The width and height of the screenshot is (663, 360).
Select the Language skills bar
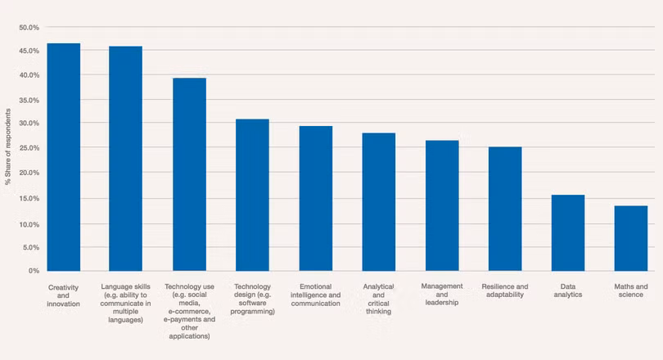pyautogui.click(x=126, y=159)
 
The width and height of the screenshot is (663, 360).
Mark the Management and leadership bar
pyautogui.click(x=442, y=205)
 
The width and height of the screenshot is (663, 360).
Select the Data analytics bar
pyautogui.click(x=568, y=232)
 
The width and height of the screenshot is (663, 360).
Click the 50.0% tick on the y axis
pyautogui.click(x=29, y=28)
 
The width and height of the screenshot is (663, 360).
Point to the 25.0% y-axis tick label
pyautogui.click(x=29, y=149)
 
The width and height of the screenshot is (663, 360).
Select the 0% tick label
pyautogui.click(x=34, y=271)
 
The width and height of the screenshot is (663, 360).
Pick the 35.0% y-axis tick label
pyautogui.click(x=29, y=101)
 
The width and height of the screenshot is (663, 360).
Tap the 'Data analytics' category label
pyautogui.click(x=567, y=290)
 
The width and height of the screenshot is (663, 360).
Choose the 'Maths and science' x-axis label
pyautogui.click(x=631, y=290)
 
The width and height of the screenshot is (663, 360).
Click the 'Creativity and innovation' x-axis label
pyautogui.click(x=63, y=295)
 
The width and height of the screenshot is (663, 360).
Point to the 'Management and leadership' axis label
pyautogui.click(x=442, y=294)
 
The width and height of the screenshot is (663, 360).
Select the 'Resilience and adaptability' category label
pyautogui.click(x=505, y=290)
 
